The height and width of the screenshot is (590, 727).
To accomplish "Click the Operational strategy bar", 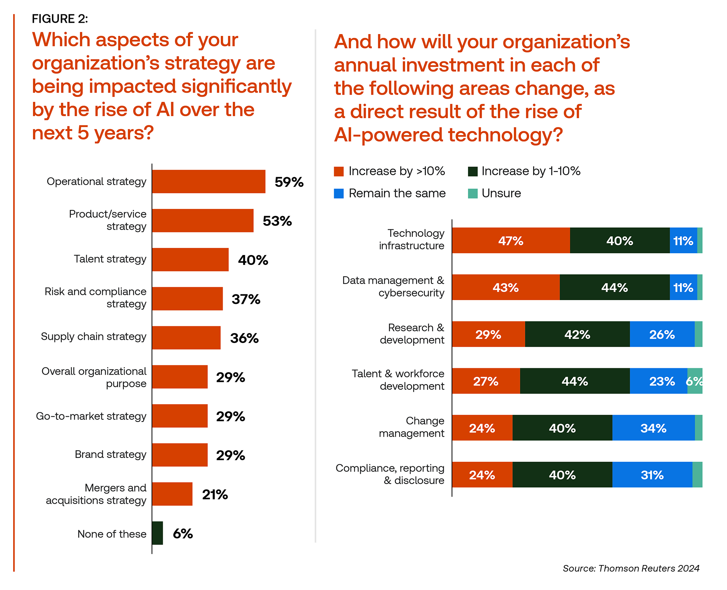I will coord(209,182).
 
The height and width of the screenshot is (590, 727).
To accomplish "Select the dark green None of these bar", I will coord(158,533).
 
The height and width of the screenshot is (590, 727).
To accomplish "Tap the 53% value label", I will coord(277,221).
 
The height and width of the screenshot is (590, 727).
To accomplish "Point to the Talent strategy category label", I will coord(110,259).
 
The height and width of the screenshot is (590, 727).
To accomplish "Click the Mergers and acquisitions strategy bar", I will coord(172,494).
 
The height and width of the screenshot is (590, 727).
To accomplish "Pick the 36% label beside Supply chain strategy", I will coord(244,338).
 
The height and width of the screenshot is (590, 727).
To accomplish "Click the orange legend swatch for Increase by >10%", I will coord(339,171).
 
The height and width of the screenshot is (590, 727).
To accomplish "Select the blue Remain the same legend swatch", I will coord(339,193).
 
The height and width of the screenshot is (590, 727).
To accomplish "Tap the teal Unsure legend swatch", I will coord(473,193).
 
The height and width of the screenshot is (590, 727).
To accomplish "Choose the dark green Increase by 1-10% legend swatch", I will coord(473,171).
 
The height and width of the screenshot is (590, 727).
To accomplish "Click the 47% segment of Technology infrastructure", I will coord(511,241).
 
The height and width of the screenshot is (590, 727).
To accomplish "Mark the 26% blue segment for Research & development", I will coord(662,335).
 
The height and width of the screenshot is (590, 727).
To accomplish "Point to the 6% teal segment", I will coord(695,381).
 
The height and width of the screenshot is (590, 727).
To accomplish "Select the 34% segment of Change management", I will coord(654,428).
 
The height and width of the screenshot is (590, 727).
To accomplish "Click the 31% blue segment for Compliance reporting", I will coord(652,475).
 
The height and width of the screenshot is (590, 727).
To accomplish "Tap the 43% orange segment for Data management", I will coord(505,288).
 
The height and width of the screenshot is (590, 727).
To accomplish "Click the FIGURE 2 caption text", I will coord(60,19).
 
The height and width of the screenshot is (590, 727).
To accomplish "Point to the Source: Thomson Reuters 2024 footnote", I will coord(631,568).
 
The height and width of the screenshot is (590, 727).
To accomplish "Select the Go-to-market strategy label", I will coord(91,416).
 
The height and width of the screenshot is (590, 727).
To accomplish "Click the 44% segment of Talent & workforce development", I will coord(575,381).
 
